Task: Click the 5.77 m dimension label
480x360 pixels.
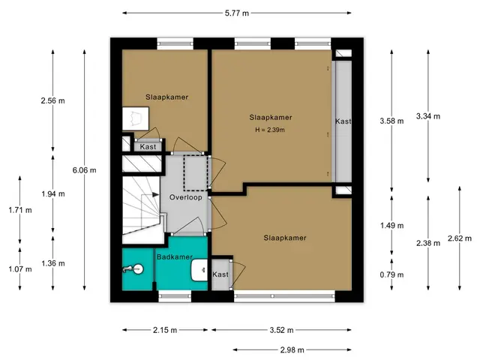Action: pos(237,13)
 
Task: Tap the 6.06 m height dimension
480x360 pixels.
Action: pos(84,170)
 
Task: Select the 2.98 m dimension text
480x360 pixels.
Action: pos(292,349)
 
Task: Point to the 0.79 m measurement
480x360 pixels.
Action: pos(391,275)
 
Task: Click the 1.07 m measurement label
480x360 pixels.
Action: pos(20,269)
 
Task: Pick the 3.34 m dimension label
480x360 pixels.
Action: pos(428,116)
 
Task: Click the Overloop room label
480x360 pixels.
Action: pos(186,197)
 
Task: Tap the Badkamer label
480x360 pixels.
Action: pos(175,257)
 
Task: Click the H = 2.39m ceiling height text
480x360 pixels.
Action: pos(270,130)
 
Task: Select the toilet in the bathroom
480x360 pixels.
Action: pos(133,269)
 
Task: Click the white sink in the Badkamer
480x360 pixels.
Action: pos(199,270)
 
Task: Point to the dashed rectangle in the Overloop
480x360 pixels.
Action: pos(196,172)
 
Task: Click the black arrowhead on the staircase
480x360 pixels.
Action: pos(155,195)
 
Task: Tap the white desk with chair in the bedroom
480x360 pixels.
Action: pos(135,118)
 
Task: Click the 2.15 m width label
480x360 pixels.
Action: pos(165,330)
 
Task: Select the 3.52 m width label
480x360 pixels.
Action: pos(281,330)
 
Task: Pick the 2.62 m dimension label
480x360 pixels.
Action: pos(460,238)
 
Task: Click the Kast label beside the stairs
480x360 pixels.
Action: pos(148,147)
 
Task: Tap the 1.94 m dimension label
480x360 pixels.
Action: pos(53,194)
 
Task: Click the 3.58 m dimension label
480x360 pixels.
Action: pos(391,121)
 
